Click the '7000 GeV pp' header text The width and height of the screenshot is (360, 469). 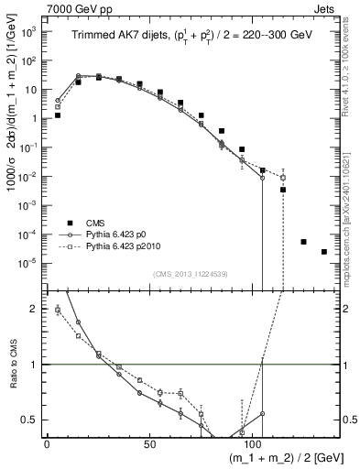click(x=36, y=7)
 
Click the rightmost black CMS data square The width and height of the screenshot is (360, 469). click(x=324, y=252)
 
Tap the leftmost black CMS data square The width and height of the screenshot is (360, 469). click(x=58, y=115)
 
